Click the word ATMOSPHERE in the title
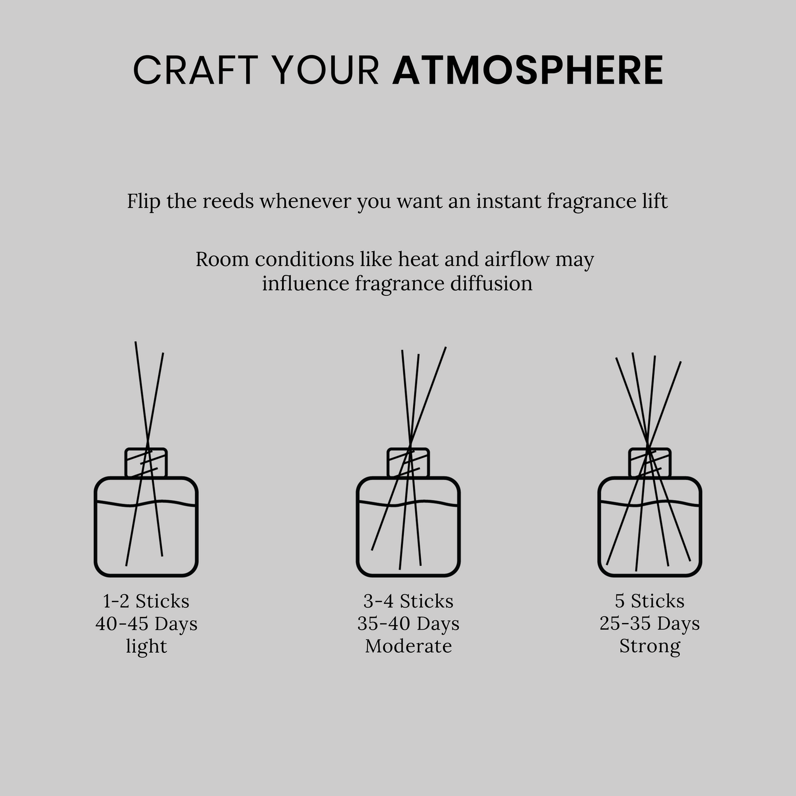527,71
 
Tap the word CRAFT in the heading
196,71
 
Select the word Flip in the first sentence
143,201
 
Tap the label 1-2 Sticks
146,600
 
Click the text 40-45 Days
146,624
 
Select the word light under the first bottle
146,646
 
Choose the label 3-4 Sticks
408,600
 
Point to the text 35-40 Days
408,624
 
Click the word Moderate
408,646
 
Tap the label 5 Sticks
649,600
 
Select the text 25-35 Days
649,624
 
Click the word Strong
649,646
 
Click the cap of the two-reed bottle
146,463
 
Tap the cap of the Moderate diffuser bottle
408,463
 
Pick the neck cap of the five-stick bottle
650,463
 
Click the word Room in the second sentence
221,259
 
